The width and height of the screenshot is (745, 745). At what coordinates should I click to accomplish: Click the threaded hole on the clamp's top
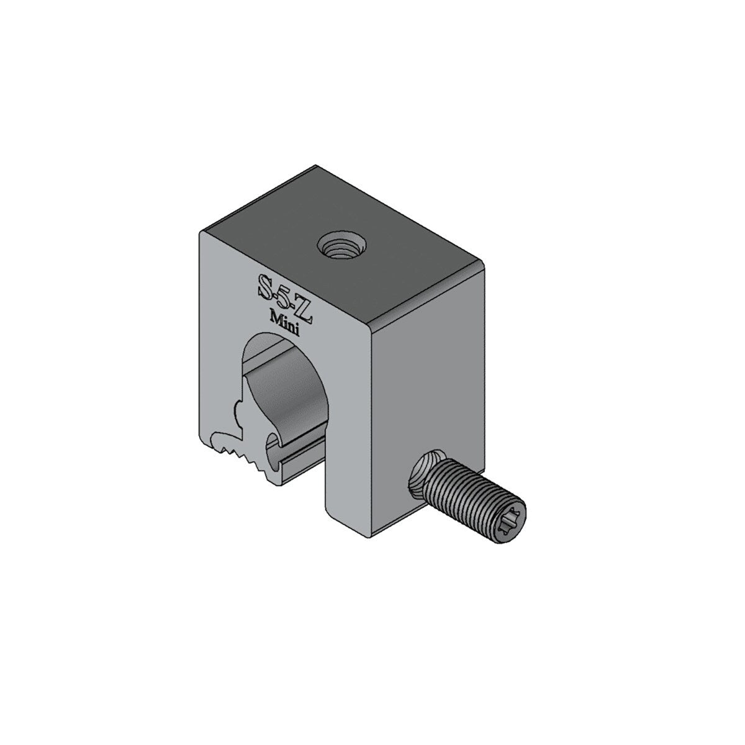click(336, 248)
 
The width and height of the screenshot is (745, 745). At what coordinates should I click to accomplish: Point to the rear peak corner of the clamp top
click(316, 166)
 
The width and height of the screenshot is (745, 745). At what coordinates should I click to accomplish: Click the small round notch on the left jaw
click(239, 410)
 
